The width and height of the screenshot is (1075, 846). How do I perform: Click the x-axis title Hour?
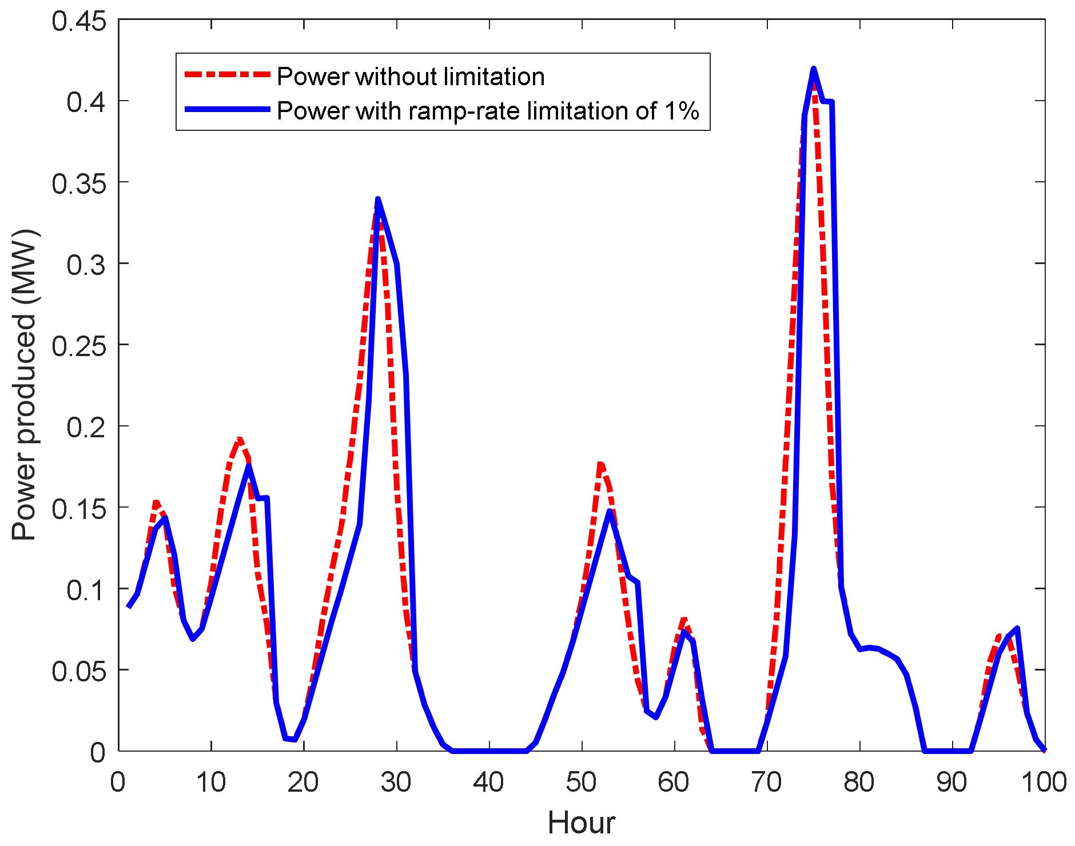pyautogui.click(x=581, y=823)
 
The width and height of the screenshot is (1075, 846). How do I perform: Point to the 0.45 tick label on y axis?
pyautogui.click(x=79, y=21)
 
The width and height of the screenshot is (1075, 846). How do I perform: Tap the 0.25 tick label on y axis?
pyautogui.click(x=79, y=346)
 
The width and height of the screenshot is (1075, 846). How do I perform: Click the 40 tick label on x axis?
pyautogui.click(x=488, y=782)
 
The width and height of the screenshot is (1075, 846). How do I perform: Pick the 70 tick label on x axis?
pyautogui.click(x=766, y=782)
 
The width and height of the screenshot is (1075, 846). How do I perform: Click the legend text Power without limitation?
pyautogui.click(x=411, y=77)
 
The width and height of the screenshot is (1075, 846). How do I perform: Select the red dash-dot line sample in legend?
pyautogui.click(x=227, y=74)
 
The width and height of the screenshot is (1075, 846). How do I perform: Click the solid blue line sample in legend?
pyautogui.click(x=227, y=109)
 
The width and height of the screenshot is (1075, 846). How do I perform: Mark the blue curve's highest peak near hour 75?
pyautogui.click(x=813, y=69)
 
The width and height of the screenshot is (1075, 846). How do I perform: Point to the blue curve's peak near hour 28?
pyautogui.click(x=378, y=199)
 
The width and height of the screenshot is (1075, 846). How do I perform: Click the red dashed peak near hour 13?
pyautogui.click(x=239, y=439)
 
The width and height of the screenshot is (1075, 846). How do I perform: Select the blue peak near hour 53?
pyautogui.click(x=610, y=511)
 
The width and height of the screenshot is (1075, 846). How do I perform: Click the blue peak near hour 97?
pyautogui.click(x=1017, y=629)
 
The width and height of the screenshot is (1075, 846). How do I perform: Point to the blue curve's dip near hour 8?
pyautogui.click(x=193, y=639)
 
